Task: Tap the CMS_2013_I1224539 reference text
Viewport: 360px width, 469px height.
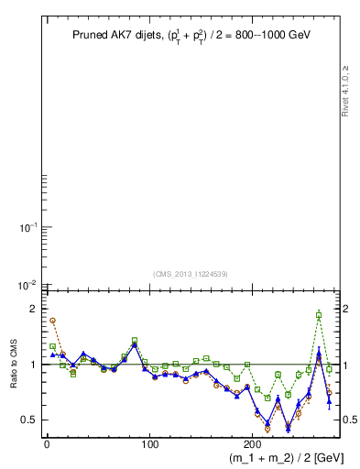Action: coord(190,273)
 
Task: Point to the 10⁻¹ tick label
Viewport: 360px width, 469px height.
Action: coord(27,227)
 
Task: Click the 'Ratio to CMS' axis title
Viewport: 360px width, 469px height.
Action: coord(15,365)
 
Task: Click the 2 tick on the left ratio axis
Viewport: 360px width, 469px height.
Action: coord(32,309)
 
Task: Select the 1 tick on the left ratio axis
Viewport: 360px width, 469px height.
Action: coord(32,365)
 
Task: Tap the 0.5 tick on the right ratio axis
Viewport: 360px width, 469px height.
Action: coord(351,420)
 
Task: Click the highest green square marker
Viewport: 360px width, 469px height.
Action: coord(319,314)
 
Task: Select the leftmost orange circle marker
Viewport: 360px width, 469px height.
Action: coord(52,321)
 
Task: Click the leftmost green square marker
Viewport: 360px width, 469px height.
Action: coord(52,346)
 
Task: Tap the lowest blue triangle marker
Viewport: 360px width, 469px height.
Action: coord(288,428)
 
